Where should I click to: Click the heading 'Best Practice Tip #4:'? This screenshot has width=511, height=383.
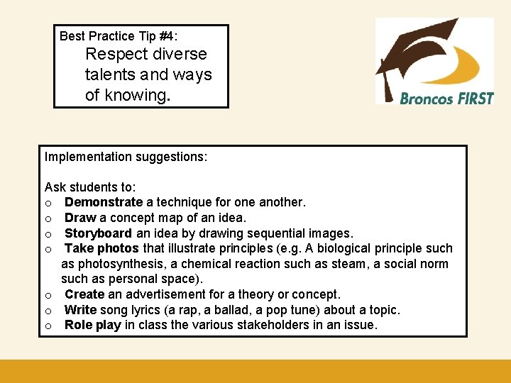119,36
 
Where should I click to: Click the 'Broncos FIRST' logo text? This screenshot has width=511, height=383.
446,99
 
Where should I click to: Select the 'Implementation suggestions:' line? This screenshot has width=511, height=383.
126,156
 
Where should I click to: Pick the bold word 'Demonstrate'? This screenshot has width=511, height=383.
104,203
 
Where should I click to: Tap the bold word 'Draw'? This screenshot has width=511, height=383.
80,218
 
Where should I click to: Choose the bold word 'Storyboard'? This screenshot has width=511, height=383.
98,233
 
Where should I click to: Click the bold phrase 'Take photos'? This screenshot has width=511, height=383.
102,248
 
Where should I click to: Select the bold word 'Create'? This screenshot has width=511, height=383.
84,294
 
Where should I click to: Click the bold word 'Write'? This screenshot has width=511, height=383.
81,310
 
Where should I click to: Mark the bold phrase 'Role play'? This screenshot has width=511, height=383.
92,325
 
